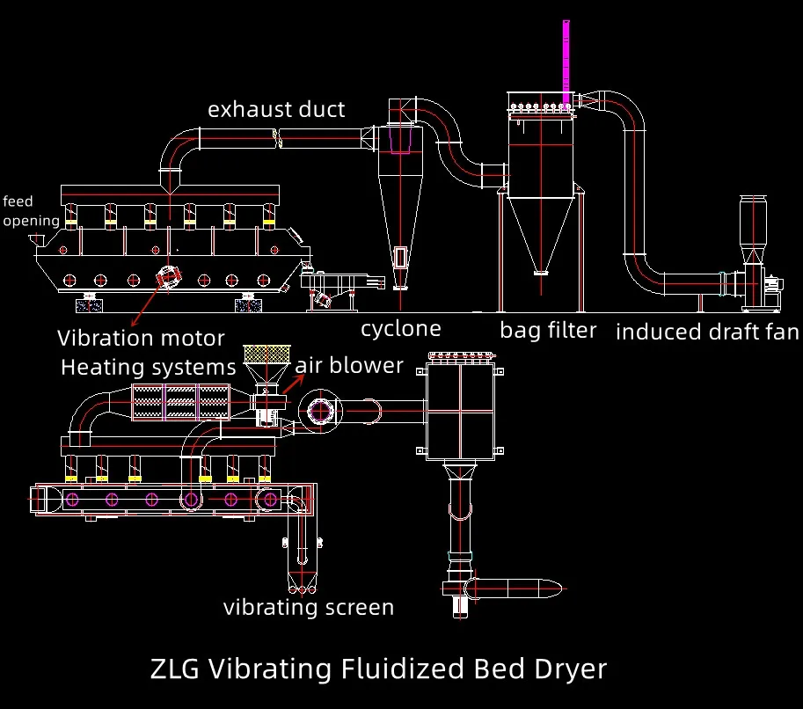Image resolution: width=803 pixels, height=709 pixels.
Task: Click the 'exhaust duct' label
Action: [x=276, y=110]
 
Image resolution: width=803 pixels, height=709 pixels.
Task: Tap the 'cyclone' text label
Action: [x=401, y=329]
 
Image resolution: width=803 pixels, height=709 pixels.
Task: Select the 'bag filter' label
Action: [x=548, y=330]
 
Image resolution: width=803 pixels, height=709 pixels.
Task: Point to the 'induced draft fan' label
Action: [x=707, y=332]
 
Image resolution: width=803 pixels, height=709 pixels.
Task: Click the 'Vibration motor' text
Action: [x=141, y=338]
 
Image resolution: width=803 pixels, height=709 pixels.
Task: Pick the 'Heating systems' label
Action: [x=149, y=366]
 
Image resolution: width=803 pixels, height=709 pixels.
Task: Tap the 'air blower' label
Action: [x=349, y=365]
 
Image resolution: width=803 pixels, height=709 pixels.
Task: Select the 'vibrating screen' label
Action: [x=308, y=607]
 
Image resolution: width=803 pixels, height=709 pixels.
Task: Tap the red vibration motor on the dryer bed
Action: [x=167, y=276]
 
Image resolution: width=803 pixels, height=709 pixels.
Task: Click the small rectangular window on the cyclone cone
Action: [x=400, y=256]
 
